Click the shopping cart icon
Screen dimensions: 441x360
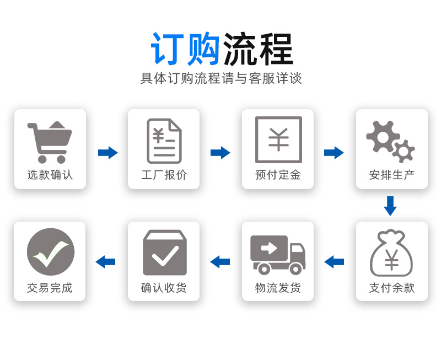click(49, 142)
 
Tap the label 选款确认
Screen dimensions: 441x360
click(50, 175)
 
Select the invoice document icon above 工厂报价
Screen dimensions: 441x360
click(164, 141)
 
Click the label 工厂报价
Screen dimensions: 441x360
click(164, 175)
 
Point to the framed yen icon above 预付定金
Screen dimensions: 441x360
click(278, 139)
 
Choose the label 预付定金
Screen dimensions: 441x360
click(278, 175)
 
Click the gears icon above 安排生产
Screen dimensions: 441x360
click(391, 141)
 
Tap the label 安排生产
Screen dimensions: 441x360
click(392, 175)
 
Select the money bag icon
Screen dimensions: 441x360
click(391, 253)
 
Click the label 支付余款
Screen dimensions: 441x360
click(392, 288)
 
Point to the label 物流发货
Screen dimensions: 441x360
click(278, 288)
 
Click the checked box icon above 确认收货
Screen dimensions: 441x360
click(164, 252)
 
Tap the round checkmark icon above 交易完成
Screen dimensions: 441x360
click(50, 252)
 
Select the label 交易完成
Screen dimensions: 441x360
click(50, 288)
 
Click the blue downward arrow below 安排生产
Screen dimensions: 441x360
click(390, 206)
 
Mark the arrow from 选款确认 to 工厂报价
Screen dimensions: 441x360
click(108, 153)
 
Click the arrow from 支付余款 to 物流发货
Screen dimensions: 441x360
click(334, 262)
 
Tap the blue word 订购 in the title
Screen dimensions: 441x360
click(185, 50)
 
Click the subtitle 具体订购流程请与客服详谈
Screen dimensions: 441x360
click(221, 78)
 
